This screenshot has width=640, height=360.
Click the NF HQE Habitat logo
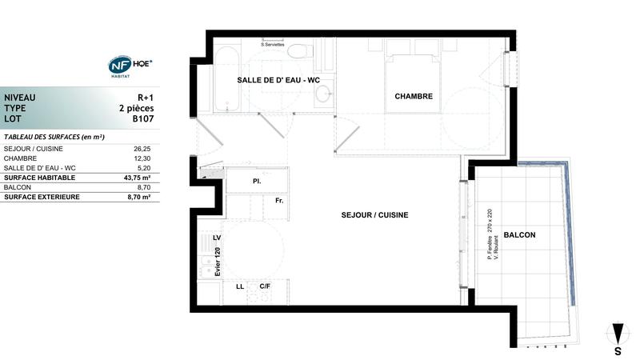point(130,66)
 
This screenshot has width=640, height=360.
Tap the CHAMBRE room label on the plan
point(414,96)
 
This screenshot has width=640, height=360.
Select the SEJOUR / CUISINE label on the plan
point(375,215)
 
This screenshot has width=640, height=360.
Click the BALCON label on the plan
point(520,235)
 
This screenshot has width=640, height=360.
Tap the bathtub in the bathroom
point(226,80)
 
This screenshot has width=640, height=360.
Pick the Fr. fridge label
point(279,201)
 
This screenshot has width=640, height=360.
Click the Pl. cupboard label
point(257,182)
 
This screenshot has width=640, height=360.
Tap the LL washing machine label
point(239,286)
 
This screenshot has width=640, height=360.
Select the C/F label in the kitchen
point(264,286)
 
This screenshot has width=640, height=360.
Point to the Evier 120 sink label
point(218,262)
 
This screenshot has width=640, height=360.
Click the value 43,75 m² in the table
point(138,177)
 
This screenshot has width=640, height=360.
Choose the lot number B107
point(142,118)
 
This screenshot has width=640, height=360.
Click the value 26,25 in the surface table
point(142,148)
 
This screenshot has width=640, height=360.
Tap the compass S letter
point(618,350)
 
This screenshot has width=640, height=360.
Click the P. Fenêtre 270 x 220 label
point(490,235)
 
